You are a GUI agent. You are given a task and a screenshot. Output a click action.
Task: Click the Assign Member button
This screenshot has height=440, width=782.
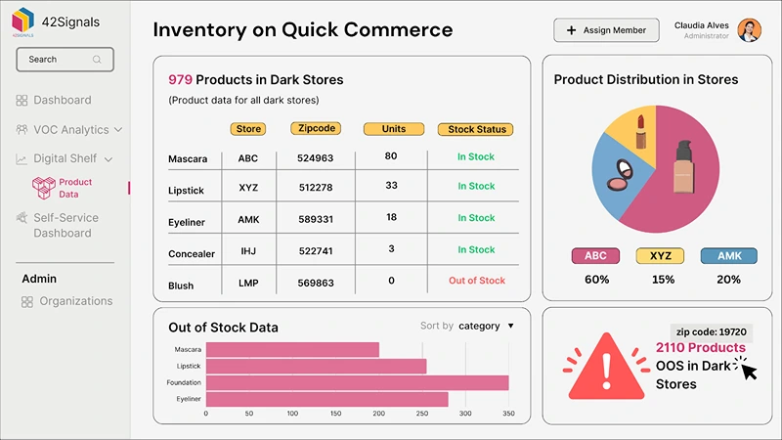[x=606, y=30]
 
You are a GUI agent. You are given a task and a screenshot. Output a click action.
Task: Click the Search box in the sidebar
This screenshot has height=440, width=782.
[x=65, y=60]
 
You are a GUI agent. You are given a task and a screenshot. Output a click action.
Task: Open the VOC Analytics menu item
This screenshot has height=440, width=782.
[x=70, y=129]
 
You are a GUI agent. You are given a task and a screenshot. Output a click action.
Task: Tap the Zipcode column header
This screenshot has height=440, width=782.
[x=316, y=128]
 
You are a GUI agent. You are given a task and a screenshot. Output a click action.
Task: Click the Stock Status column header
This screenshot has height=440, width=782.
[x=475, y=129]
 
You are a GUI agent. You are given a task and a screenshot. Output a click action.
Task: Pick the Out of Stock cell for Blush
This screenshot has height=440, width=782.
[x=476, y=281]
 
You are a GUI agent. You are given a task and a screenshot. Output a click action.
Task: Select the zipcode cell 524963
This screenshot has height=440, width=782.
[x=316, y=157]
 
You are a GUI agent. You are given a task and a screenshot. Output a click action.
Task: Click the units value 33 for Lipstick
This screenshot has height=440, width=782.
[x=391, y=186]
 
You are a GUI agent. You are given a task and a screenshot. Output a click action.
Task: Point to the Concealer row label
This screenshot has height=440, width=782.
[x=192, y=254]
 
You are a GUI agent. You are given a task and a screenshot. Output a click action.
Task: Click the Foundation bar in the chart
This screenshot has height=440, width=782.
[x=357, y=382]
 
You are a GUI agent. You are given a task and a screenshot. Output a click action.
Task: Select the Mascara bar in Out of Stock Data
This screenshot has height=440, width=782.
[x=292, y=349]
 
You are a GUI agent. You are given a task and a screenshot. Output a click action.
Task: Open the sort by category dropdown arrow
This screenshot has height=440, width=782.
[x=510, y=326]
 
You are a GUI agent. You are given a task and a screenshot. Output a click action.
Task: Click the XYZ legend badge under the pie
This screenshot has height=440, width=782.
[x=662, y=256]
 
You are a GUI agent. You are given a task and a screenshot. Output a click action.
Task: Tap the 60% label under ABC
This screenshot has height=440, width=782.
[x=596, y=280]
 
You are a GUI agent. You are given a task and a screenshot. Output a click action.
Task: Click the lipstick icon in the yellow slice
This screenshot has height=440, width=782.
[x=642, y=131]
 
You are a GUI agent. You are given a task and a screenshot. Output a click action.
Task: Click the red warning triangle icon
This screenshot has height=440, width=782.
[x=605, y=368]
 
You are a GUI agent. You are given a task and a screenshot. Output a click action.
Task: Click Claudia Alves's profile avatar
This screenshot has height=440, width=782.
[x=749, y=30]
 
